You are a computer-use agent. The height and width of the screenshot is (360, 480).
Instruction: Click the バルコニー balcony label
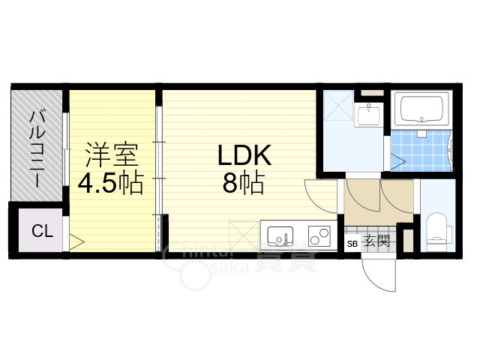click(37, 150)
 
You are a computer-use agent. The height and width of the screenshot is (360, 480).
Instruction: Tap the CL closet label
click(43, 231)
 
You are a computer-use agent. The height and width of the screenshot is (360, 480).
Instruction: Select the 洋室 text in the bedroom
click(112, 155)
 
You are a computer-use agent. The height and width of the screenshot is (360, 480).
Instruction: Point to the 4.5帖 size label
click(110, 184)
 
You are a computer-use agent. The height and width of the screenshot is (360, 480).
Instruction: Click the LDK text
click(244, 155)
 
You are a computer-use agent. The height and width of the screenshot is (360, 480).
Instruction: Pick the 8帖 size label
click(243, 183)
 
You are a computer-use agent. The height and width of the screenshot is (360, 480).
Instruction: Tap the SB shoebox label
click(352, 244)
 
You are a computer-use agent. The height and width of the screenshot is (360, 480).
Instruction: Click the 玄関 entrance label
click(377, 241)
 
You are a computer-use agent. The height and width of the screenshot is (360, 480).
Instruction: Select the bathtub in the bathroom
click(422, 109)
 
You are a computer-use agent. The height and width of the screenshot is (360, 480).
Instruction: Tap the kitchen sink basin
click(280, 236)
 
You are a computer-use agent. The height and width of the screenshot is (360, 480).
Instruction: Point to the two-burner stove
click(319, 236)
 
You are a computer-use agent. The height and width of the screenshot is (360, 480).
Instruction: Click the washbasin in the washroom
click(369, 115)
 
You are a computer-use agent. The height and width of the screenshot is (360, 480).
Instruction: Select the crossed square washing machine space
click(338, 105)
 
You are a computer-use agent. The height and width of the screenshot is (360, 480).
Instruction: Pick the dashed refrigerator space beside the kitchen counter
click(244, 235)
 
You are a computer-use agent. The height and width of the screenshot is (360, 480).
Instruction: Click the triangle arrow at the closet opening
click(76, 242)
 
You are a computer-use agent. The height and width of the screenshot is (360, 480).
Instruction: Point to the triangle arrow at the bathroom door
click(398, 161)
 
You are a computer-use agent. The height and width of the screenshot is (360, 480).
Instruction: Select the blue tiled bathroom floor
click(421, 150)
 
